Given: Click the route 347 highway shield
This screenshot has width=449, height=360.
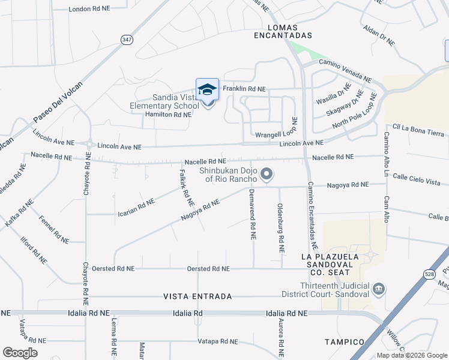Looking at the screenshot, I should coord(127,40).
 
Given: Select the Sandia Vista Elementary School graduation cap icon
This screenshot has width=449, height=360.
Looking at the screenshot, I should coord(207,89).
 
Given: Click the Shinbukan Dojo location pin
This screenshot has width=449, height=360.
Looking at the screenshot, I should coord(267,175).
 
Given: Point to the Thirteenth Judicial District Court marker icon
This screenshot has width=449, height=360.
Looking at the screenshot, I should coord(379,290).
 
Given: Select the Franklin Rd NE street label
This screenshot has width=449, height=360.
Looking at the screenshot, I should coord(244,89).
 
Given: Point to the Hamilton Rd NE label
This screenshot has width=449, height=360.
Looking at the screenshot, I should coord(167,114).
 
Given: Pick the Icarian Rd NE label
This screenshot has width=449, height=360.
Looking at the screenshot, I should coord(136,204).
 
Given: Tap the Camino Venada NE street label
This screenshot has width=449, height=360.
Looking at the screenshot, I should coord(345,70).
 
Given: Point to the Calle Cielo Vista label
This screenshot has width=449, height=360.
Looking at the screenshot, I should coord(417,182).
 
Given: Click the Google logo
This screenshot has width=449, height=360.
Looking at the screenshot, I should coord(20,353).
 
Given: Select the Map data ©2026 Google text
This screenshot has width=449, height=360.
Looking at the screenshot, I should coord(411,355).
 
